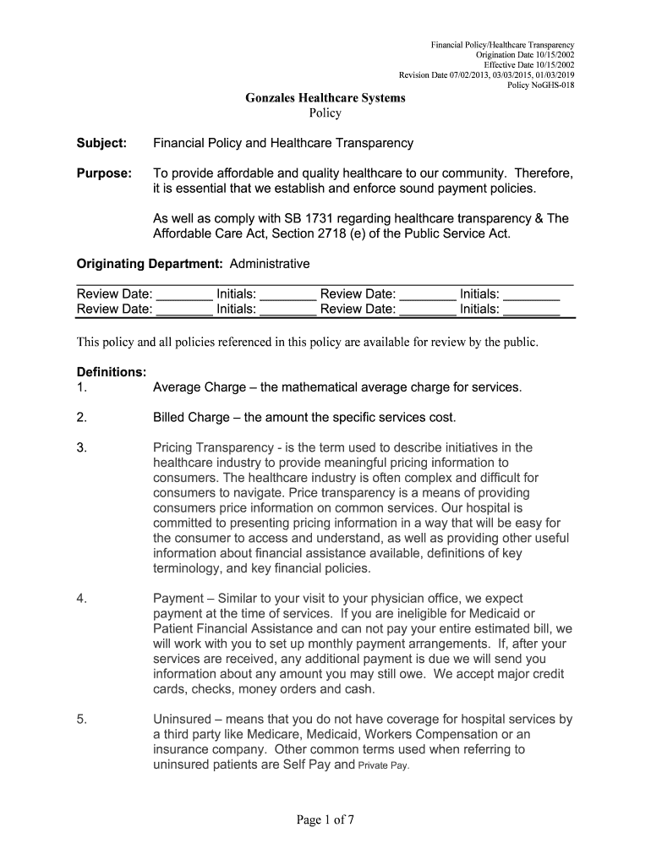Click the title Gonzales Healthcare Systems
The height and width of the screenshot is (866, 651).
pos(325,98)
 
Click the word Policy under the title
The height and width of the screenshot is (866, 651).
pos(325,113)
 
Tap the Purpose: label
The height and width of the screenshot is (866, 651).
pos(104,173)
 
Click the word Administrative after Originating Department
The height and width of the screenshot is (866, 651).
pos(264,265)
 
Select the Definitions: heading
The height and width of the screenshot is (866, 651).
pos(112,372)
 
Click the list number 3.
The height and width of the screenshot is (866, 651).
pos(81,447)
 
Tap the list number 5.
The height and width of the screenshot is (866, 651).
pos(81,720)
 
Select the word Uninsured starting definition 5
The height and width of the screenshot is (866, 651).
pos(183,720)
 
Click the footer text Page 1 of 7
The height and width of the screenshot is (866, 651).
pos(325,818)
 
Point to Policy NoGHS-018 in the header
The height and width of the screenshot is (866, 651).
pos(540,85)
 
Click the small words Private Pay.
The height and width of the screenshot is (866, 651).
pos(384,765)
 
